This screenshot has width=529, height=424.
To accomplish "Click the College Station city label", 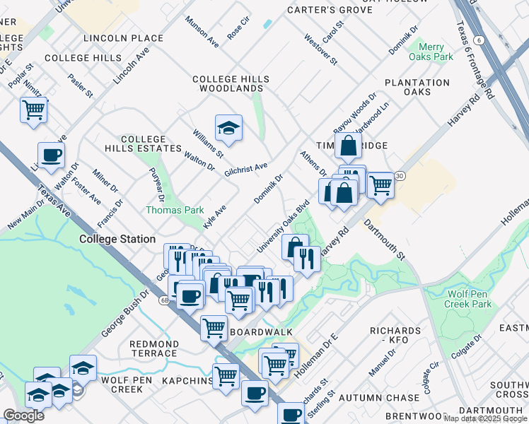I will click(x=117, y=239).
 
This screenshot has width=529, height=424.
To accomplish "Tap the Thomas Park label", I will click(x=175, y=210).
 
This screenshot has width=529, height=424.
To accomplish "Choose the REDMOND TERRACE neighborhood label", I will click(x=154, y=348).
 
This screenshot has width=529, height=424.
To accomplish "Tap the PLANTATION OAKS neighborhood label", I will click(x=417, y=87).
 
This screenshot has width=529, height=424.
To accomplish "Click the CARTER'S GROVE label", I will click(x=329, y=10).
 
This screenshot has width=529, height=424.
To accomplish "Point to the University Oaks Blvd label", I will click(x=284, y=225).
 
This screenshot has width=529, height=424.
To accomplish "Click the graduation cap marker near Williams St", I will click(x=228, y=128).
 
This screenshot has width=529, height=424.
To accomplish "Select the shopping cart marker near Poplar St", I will click(x=33, y=110).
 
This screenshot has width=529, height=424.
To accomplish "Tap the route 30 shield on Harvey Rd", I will click(x=400, y=176).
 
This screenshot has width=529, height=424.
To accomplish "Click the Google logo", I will click(x=23, y=416).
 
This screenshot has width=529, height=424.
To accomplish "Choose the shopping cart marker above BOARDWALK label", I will click(x=213, y=326).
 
